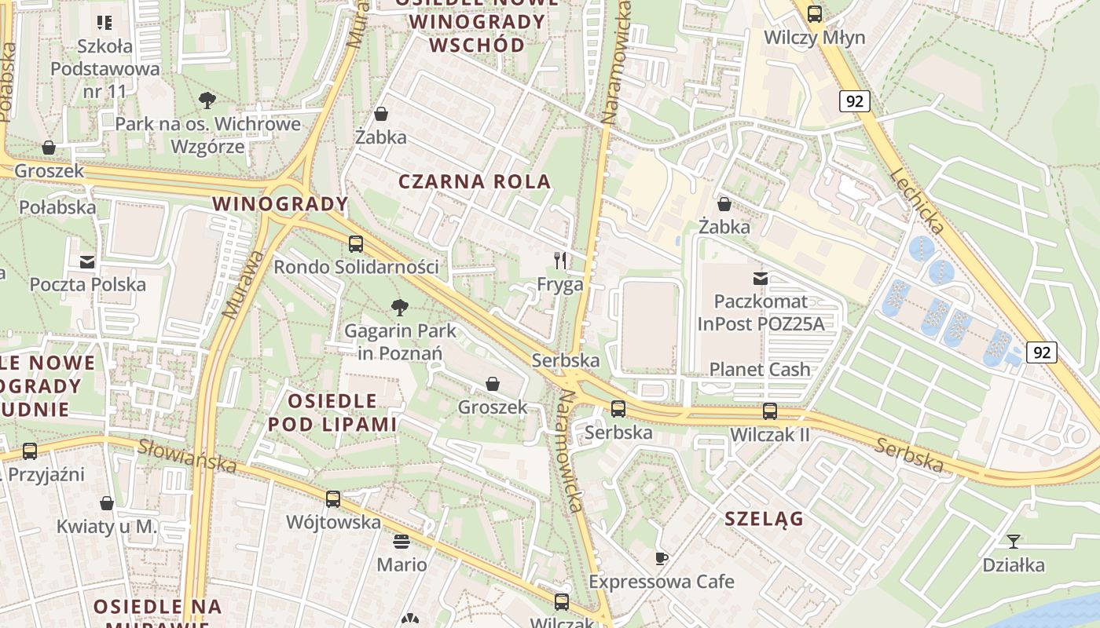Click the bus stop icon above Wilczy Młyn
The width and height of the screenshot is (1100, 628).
coord(815,13)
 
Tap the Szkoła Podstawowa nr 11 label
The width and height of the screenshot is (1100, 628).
coord(105,68)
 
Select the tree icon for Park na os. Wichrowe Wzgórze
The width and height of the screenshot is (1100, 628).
coord(207,100)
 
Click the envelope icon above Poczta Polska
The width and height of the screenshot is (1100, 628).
coord(87,261)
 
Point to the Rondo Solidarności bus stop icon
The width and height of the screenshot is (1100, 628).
coord(356,244)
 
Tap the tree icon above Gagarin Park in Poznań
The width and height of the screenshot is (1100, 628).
coord(399,307)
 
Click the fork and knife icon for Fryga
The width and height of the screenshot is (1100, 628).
coord(560,261)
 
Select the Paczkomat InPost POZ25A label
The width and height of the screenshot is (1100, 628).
coord(760,312)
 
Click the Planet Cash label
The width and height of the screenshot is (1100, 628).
coord(760,369)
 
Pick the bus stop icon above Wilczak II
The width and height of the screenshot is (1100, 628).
coord(769,411)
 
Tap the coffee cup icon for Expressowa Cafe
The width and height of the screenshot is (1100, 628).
coord(662,558)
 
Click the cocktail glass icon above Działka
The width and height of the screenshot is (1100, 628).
coord(1014,542)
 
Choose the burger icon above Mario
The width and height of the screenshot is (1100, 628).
coord(401,542)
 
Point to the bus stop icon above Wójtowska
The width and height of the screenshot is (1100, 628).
coord(333,499)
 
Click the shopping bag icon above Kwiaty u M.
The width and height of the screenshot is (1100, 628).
coord(107,503)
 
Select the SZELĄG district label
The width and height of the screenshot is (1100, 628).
coord(764,519)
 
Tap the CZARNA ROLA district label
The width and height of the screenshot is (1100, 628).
coord(475,182)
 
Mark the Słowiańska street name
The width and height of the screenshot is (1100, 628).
coord(187,456)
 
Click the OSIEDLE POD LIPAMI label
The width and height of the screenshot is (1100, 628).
coord(332,413)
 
